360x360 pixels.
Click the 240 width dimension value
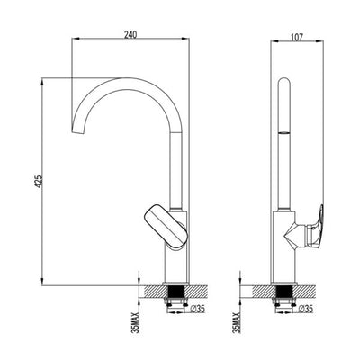130,32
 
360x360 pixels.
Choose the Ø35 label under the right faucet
305,310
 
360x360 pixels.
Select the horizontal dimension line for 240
130,40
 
